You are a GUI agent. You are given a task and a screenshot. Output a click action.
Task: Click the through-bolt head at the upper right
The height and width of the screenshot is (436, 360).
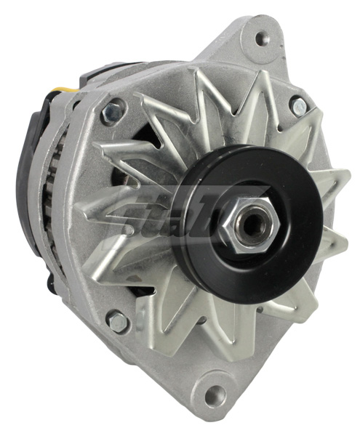click(299, 107)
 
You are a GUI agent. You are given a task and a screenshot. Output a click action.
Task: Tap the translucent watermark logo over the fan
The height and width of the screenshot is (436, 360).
click(167, 218)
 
